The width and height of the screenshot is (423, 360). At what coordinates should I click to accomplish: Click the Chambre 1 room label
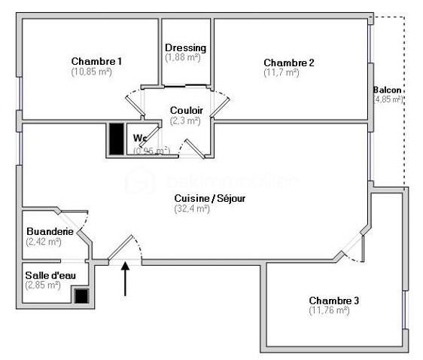tap(96, 61)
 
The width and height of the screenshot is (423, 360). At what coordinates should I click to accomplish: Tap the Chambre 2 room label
tap(288, 63)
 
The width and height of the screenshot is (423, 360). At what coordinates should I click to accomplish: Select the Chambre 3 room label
tap(333, 300)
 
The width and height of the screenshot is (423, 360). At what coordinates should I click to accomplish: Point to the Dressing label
tap(185, 48)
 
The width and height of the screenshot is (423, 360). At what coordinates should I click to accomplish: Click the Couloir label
tap(185, 110)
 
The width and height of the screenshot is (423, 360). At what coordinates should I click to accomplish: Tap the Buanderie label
tap(50, 231)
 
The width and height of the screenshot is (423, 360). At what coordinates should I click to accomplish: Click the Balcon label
tap(388, 90)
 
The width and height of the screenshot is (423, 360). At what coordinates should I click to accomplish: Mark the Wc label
tap(140, 138)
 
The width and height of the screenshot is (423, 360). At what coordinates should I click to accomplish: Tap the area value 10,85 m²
tap(92, 72)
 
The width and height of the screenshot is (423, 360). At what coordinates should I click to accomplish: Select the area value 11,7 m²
tap(281, 73)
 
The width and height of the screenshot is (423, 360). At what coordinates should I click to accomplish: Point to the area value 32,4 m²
tap(191, 209)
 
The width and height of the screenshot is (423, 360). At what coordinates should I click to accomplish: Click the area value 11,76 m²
tap(329, 310)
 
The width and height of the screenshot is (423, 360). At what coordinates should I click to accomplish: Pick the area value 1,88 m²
tap(184, 57)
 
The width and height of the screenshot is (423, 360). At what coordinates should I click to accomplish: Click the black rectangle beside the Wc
tap(116, 138)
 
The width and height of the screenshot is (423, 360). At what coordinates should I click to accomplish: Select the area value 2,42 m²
tap(43, 242)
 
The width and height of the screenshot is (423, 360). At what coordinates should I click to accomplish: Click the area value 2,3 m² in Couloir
tap(185, 120)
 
